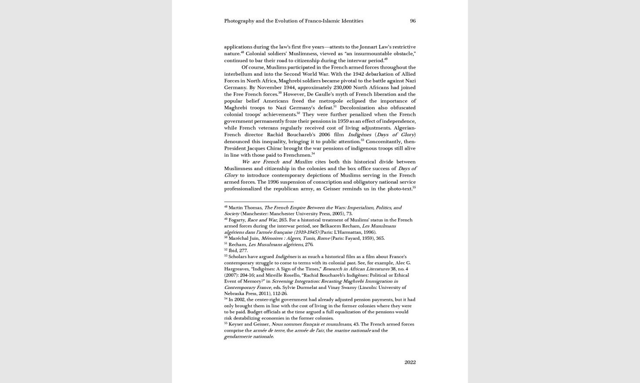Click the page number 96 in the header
click(413, 21)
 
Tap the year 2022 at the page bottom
click(410, 362)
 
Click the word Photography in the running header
click(239, 21)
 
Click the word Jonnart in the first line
click(369, 47)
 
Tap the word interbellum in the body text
click(238, 74)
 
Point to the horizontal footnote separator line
click(259, 202)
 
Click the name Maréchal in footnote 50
click(238, 239)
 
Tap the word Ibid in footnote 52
click(233, 251)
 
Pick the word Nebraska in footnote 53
click(234, 294)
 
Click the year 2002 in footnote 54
click(239, 300)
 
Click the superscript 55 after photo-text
click(414, 188)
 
